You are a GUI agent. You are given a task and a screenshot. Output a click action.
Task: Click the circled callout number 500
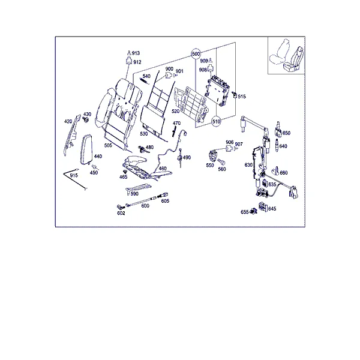click(196, 54)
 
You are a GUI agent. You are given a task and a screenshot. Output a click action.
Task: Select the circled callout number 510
click(216, 121)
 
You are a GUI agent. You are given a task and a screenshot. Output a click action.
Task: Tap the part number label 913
click(136, 53)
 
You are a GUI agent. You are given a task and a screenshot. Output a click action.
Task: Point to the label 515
click(242, 97)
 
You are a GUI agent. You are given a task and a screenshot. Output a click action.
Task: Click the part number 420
click(68, 121)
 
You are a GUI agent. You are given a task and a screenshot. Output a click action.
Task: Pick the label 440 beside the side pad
click(98, 157)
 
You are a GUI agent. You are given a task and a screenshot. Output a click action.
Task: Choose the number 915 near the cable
click(74, 175)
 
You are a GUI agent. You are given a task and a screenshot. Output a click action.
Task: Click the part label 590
click(134, 194)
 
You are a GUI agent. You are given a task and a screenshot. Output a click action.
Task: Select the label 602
click(121, 213)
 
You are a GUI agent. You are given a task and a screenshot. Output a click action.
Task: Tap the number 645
click(272, 209)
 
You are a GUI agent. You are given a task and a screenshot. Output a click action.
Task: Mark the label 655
click(245, 212)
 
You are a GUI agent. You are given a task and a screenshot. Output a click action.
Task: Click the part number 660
click(284, 173)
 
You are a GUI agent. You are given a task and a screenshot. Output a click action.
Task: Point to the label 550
click(210, 165)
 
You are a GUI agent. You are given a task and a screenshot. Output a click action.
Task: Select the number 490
click(187, 157)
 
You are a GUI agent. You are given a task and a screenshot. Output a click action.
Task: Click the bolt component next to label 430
click(86, 119)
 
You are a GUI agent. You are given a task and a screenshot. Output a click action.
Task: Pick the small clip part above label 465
click(125, 172)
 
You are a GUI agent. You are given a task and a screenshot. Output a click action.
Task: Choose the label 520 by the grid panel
click(176, 112)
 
